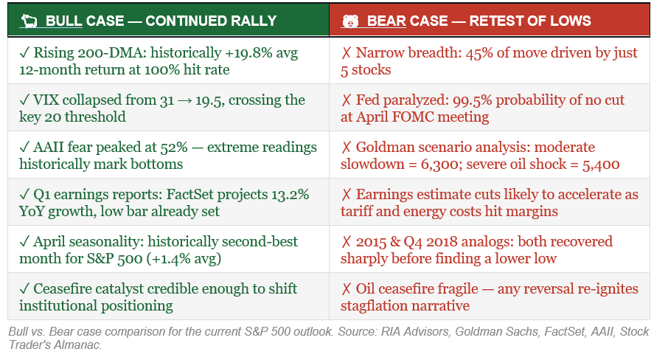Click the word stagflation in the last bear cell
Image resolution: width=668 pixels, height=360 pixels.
382,306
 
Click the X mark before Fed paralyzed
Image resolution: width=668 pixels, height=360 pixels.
346,100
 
